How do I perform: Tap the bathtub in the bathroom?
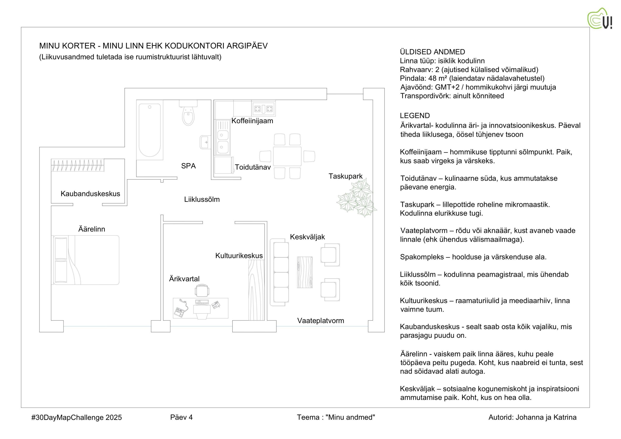pos(150,130)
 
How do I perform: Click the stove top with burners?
pos(263,108)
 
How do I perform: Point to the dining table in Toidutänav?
pos(287,156)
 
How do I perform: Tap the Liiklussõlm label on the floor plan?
pos(202,199)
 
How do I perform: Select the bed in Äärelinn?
pos(85,260)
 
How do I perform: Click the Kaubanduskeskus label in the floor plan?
pos(90,194)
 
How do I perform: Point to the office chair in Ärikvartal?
pos(202,290)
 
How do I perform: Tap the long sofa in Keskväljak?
pos(280,272)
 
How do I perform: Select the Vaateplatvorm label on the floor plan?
pos(320,321)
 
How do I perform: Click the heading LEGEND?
pos(415,116)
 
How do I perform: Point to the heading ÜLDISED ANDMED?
pos(433,52)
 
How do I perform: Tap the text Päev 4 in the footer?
pos(181,417)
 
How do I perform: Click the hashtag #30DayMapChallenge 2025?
pos(77,418)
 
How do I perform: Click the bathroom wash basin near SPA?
pos(205,142)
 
